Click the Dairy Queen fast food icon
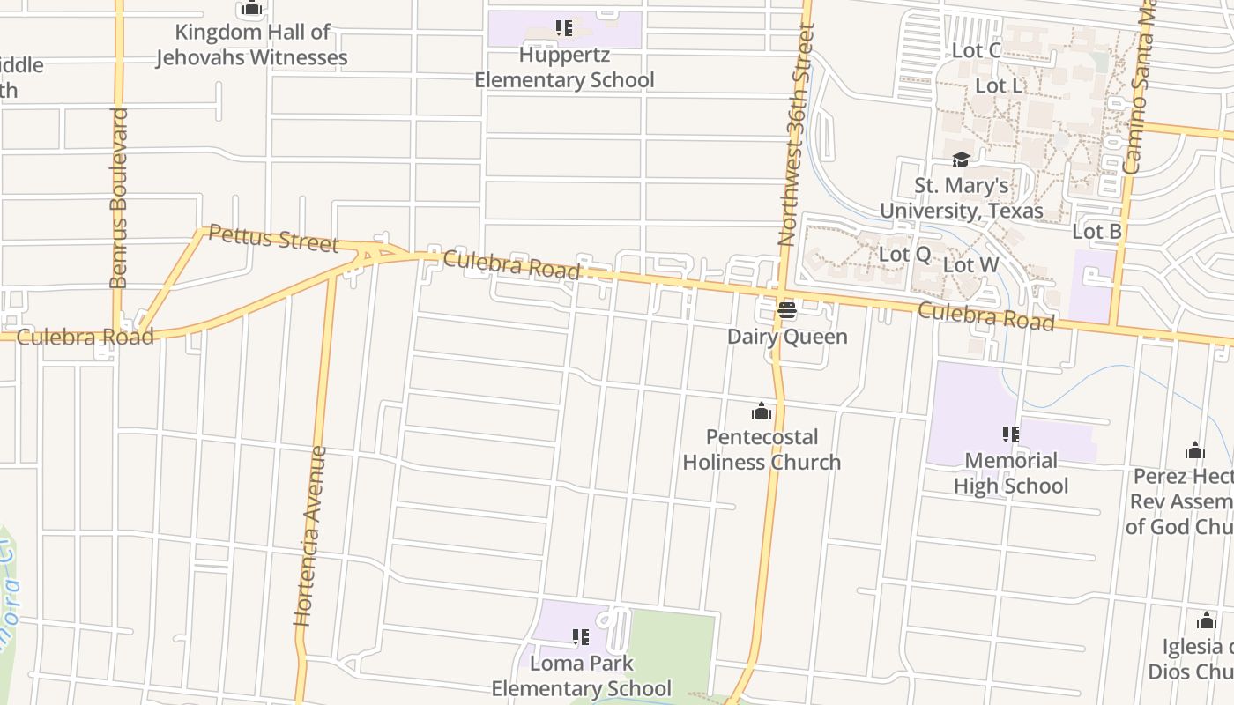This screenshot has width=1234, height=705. point(786,310)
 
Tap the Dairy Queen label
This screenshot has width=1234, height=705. point(786,336)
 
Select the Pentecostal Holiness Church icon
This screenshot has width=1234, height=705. point(762,412)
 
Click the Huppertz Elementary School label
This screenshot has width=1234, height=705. point(564,67)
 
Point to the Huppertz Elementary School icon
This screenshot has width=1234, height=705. point(564,28)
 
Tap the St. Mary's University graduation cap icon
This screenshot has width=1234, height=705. point(961,160)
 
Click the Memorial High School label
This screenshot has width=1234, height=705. point(1010,473)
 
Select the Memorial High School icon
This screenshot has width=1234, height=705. point(1010,434)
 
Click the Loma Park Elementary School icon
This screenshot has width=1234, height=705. point(580,636)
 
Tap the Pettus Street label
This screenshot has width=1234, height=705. point(273,239)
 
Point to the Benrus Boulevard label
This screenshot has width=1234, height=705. point(119,198)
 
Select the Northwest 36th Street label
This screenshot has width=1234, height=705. point(792,134)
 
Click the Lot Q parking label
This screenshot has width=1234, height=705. point(904,254)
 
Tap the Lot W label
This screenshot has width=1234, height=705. point(970,264)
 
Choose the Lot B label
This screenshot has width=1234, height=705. point(1096,232)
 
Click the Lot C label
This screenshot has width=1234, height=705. point(976,50)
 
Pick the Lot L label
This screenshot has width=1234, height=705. point(999,85)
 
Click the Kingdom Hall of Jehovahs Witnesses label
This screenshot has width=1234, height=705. point(252,45)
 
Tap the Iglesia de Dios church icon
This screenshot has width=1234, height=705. point(1207,620)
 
